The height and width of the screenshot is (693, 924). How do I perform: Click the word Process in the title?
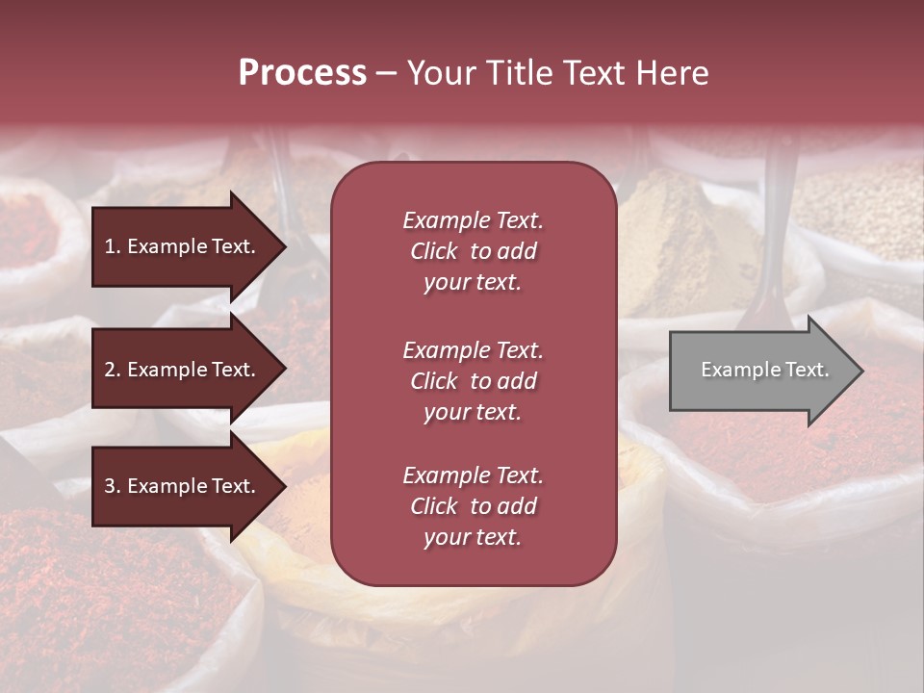pyautogui.click(x=302, y=73)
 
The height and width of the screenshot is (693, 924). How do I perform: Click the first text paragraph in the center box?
pyautogui.click(x=473, y=251)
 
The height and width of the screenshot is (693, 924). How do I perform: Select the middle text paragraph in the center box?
pyautogui.click(x=473, y=380)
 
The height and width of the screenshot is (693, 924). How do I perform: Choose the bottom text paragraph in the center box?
pyautogui.click(x=473, y=506)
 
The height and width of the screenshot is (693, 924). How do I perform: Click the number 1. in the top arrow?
pyautogui.click(x=113, y=246)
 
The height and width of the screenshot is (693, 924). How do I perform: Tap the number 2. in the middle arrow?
pyautogui.click(x=113, y=370)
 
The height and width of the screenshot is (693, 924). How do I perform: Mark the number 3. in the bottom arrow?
pyautogui.click(x=113, y=486)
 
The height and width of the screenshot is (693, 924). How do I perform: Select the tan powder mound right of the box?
pyautogui.click(x=674, y=231)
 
